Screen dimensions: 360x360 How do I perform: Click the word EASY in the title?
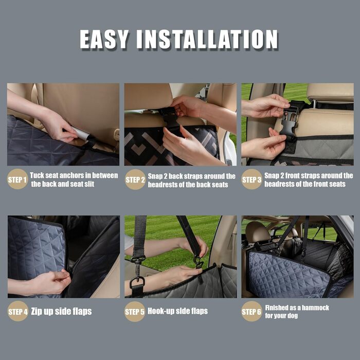(103, 39)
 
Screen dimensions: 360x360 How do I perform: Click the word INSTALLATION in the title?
(207, 39)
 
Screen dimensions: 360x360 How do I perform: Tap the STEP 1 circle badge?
(17, 179)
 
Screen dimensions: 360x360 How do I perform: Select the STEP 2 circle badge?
(135, 179)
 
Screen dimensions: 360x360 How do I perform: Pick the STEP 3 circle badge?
(251, 179)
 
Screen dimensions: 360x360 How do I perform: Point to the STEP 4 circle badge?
(17, 311)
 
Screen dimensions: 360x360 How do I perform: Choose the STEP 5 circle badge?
(135, 311)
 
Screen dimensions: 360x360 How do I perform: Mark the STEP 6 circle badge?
(251, 311)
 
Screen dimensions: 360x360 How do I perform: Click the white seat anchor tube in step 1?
(81, 134)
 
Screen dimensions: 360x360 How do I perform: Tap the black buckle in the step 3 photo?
(289, 122)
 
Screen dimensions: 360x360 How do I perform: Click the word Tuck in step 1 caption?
(37, 175)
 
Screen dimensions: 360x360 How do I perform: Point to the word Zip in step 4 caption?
(37, 311)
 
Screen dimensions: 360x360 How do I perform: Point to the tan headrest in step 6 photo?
(258, 232)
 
